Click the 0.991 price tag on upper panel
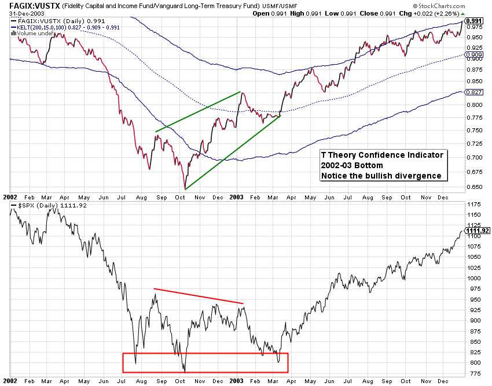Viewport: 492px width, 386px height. [474, 20]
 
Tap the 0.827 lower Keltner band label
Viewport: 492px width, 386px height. [474, 92]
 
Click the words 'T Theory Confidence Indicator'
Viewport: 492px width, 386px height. [382, 155]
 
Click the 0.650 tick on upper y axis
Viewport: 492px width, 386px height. [473, 187]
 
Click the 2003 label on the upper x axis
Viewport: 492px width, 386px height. [236, 196]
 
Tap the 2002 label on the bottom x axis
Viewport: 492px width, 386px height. [10, 382]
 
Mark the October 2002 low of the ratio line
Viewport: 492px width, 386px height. [185, 188]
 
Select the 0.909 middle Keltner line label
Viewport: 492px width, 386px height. [474, 55]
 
